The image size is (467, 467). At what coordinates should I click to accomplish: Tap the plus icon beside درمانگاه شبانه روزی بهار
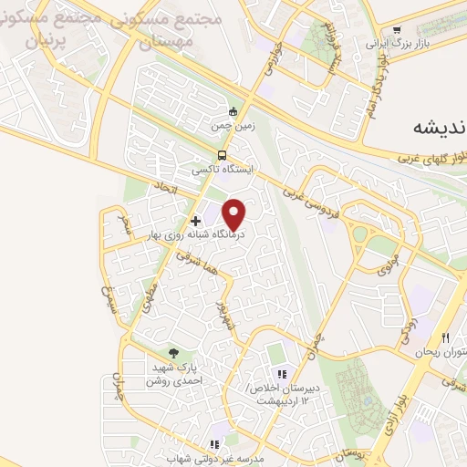(195, 221)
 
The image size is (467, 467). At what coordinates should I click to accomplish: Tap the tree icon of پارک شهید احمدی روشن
(173, 354)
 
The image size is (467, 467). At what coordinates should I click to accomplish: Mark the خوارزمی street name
(275, 65)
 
